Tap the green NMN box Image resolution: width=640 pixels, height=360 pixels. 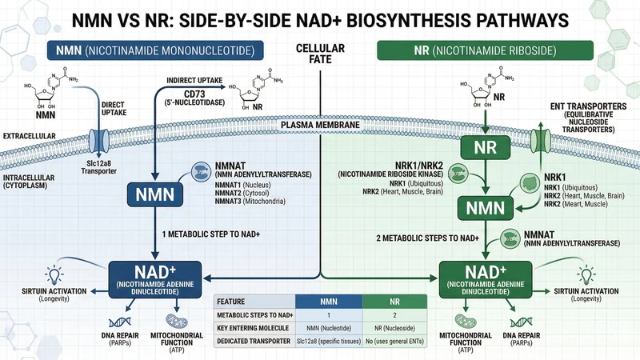tap(486, 210)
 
